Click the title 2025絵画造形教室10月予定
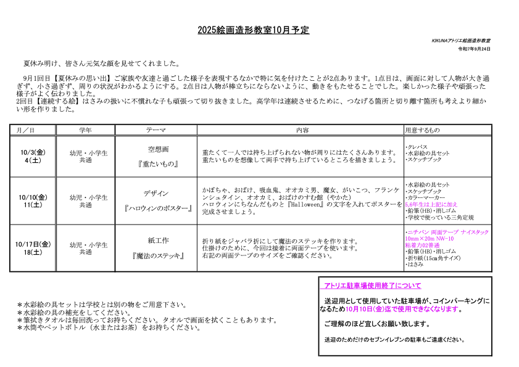[x=253, y=30]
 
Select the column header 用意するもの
[x=422, y=130]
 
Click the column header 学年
[x=86, y=130]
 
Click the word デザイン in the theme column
[x=156, y=194]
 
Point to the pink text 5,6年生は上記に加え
[x=431, y=204]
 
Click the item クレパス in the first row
[x=417, y=146]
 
